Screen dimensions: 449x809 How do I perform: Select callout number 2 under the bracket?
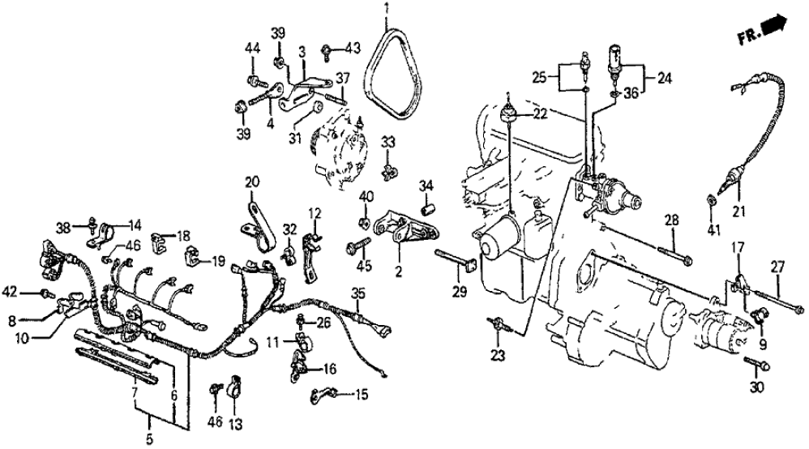pos(397,274)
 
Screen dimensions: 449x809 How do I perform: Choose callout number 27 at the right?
pos(777,266)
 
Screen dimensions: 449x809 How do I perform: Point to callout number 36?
pos(630,92)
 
